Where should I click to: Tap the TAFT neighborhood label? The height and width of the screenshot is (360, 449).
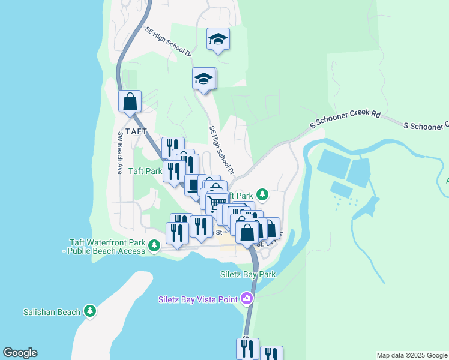pyautogui.click(x=136, y=131)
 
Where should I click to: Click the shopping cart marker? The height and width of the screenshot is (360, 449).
pyautogui.click(x=216, y=203)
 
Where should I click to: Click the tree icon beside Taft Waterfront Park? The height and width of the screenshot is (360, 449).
pyautogui.click(x=154, y=245)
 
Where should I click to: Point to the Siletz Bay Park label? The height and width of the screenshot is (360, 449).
pyautogui.click(x=247, y=274)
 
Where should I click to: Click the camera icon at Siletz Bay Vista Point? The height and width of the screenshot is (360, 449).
pyautogui.click(x=246, y=298)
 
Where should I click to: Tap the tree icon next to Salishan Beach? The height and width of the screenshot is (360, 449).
pyautogui.click(x=90, y=311)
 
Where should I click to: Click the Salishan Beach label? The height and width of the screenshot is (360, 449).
pyautogui.click(x=52, y=312)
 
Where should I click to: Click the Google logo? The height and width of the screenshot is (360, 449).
pyautogui.click(x=20, y=353)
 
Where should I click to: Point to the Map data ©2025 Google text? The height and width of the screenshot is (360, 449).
pyautogui.click(x=412, y=355)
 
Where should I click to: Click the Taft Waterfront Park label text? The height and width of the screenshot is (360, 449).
pyautogui.click(x=108, y=242)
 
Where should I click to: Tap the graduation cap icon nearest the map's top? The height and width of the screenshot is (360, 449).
pyautogui.click(x=218, y=40)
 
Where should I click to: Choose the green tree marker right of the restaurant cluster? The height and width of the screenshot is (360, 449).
pyautogui.click(x=262, y=194)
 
